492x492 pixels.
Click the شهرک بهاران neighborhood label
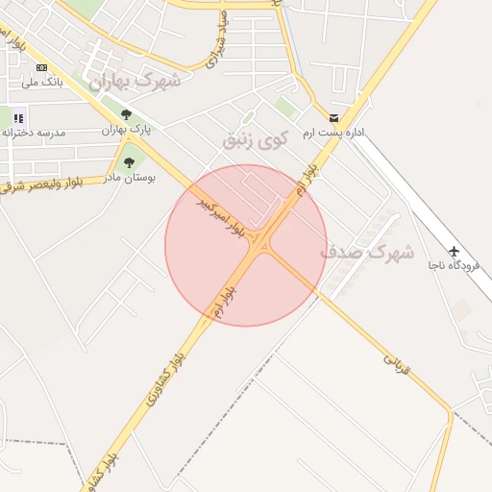click(135, 82)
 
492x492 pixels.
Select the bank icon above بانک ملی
click(41, 67)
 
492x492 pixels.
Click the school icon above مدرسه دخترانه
click(18, 117)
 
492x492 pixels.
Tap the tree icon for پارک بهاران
click(126, 114)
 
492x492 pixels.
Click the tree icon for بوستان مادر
click(130, 162)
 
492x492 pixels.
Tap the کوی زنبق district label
click(256, 139)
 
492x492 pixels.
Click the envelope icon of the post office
click(333, 117)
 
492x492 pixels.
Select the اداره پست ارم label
click(332, 132)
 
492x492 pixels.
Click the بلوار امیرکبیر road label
click(220, 216)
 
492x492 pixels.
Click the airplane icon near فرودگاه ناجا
click(454, 253)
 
